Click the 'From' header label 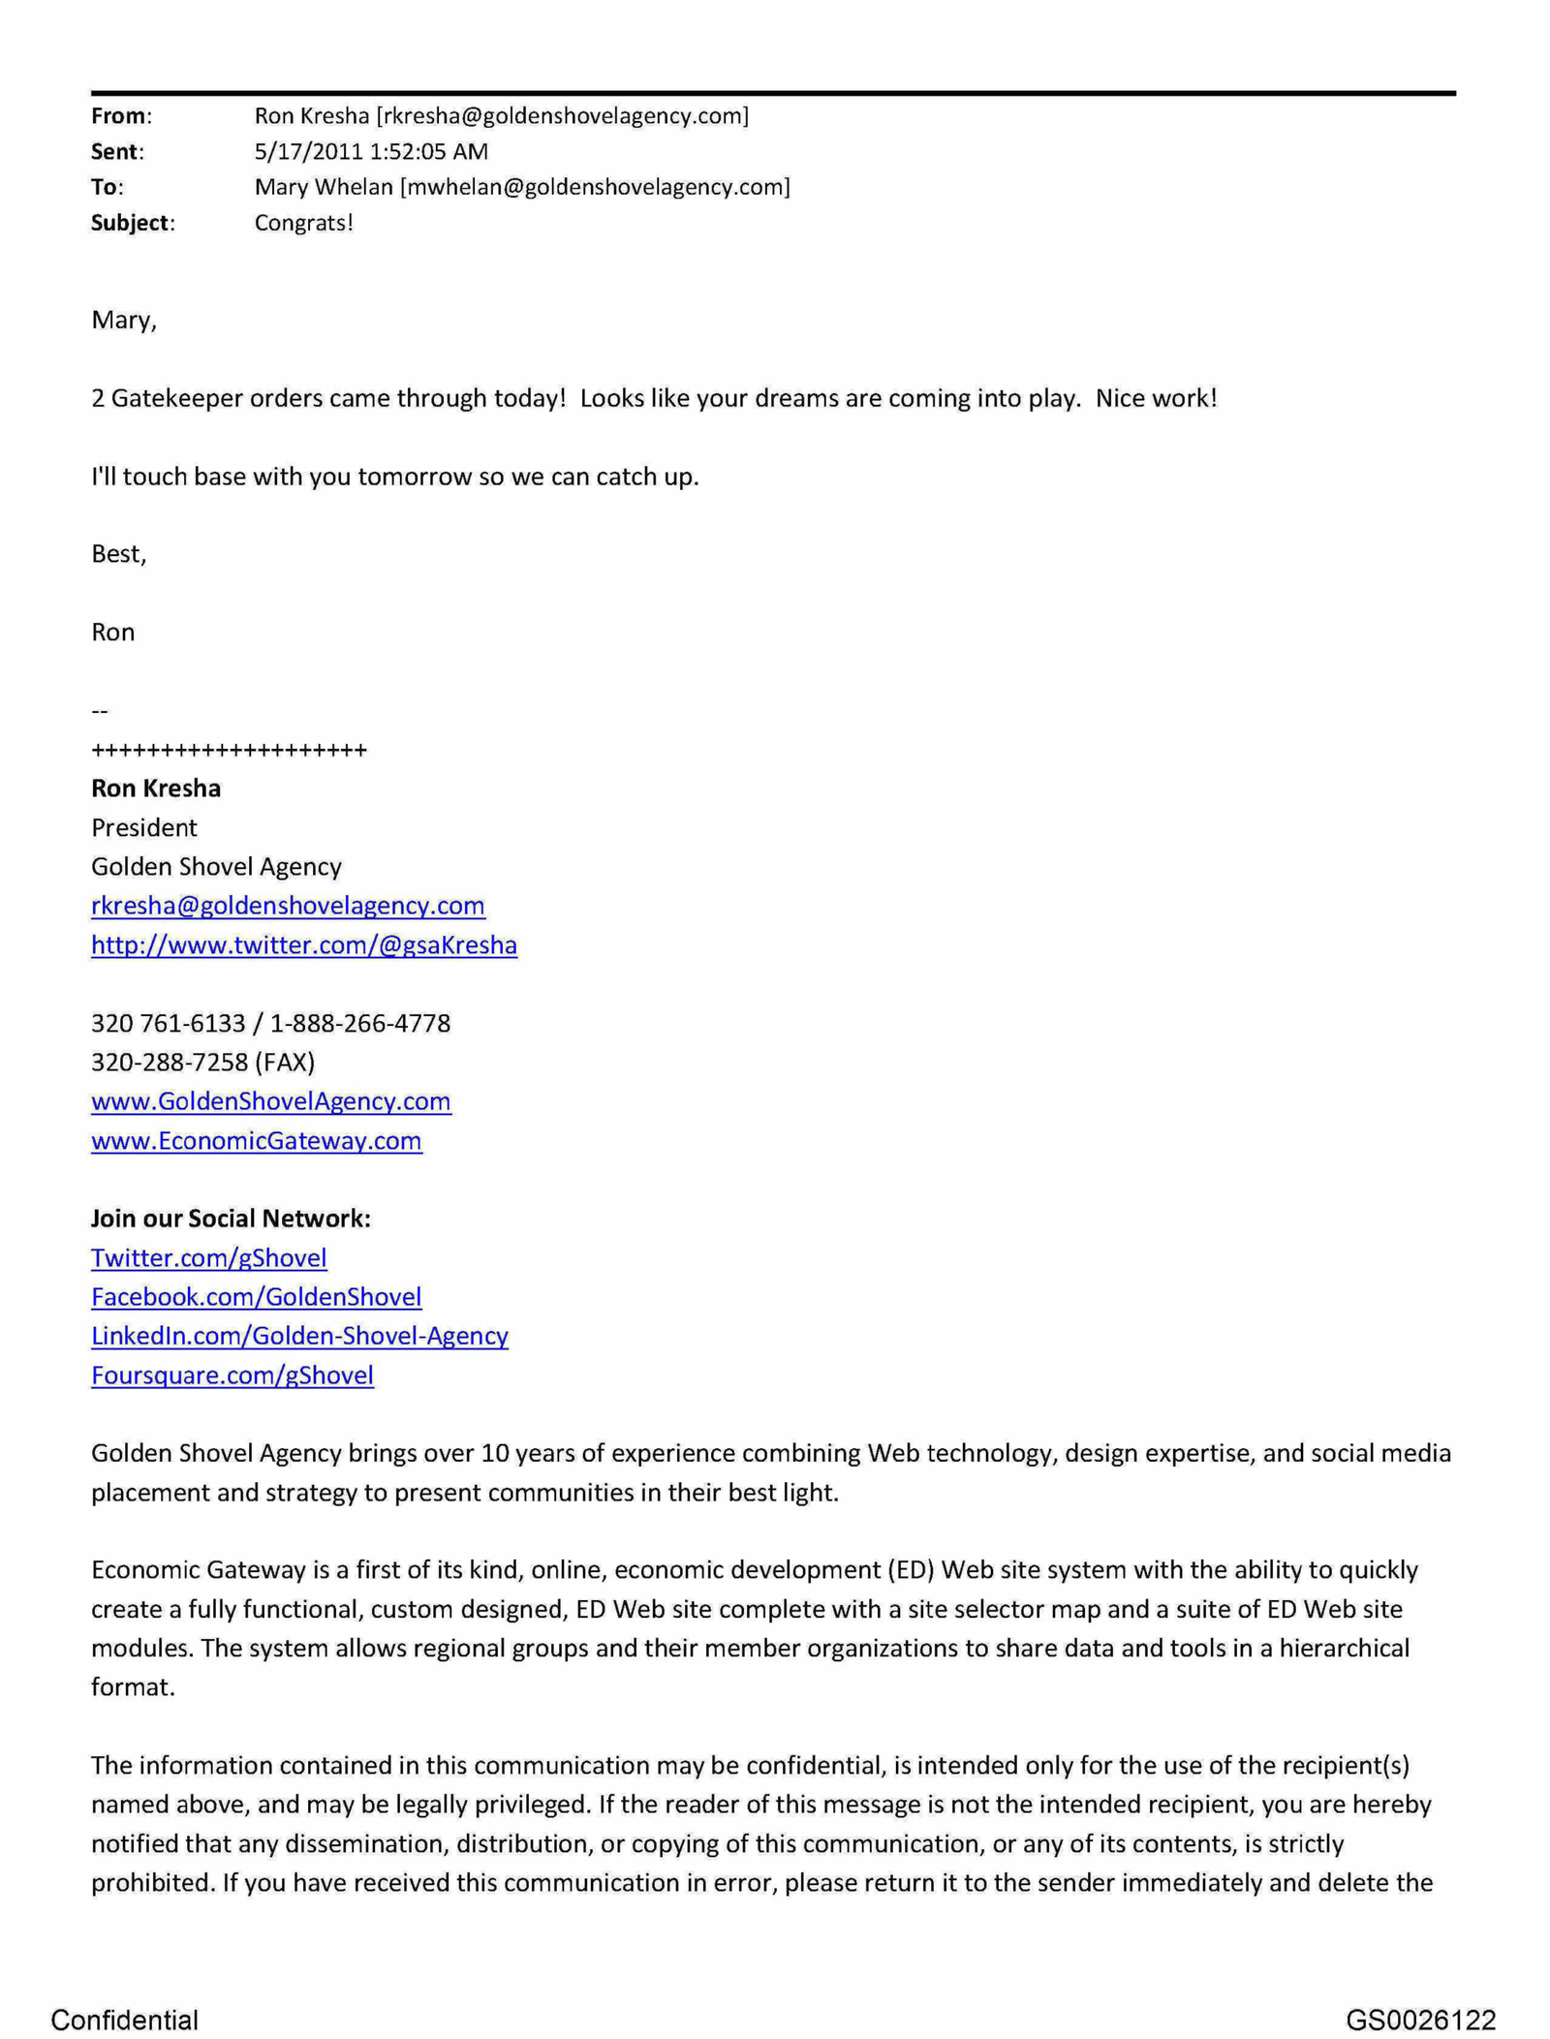(118, 116)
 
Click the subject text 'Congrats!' (303, 223)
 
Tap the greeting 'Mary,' (123, 320)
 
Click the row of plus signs (229, 750)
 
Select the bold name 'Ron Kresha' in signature (155, 788)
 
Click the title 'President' (143, 827)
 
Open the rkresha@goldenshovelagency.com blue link (288, 905)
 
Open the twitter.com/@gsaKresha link (303, 944)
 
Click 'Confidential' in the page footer (124, 2020)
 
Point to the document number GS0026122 (1419, 2020)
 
